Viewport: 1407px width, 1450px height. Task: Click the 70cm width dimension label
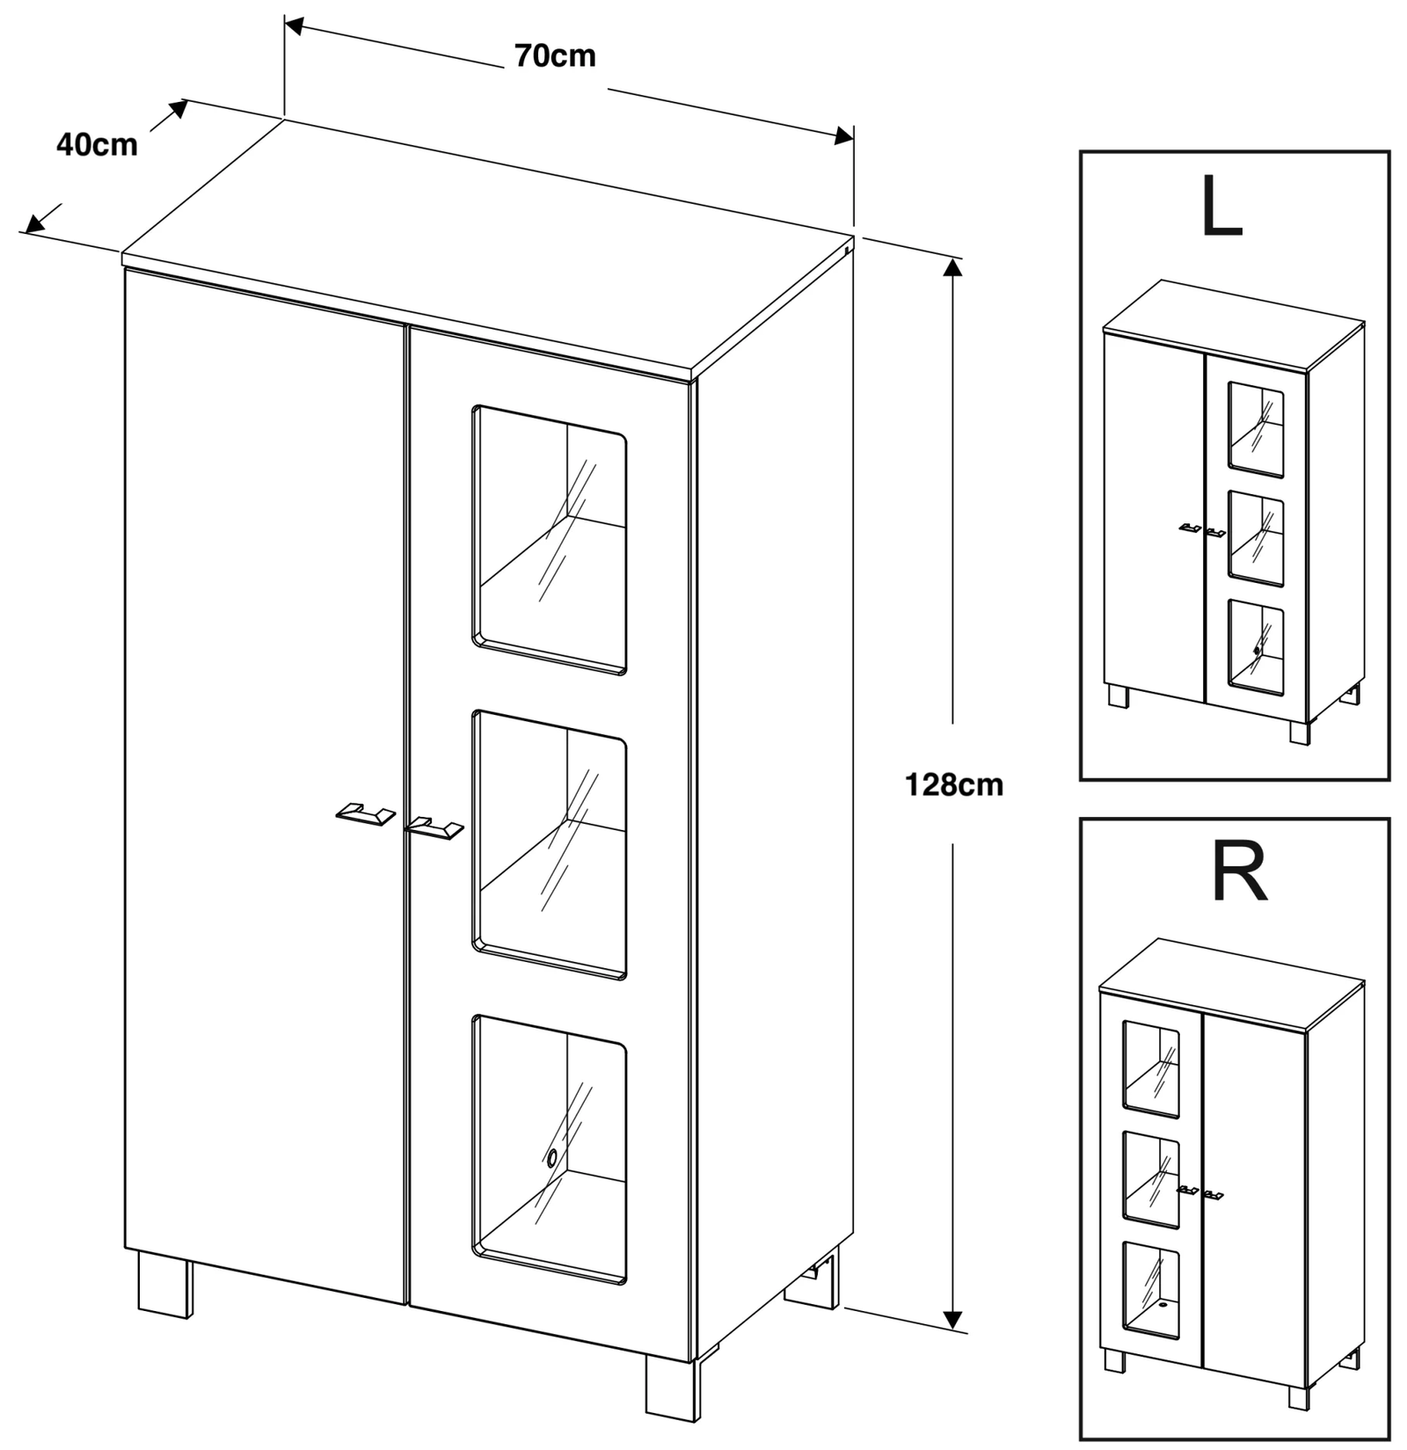tap(555, 56)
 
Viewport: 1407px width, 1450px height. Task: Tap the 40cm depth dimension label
tap(97, 145)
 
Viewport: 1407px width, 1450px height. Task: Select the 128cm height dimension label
tap(954, 784)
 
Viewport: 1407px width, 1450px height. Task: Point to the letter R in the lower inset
tap(1239, 873)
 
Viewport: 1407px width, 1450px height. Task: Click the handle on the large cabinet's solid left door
tap(364, 814)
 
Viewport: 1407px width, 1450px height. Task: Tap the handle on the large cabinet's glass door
tap(434, 827)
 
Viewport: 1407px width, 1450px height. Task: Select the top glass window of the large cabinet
tap(550, 539)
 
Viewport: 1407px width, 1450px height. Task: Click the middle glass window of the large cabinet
tap(550, 844)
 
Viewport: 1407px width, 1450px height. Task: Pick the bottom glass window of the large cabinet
tap(550, 1148)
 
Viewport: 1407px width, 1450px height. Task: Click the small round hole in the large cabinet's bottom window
tap(552, 1158)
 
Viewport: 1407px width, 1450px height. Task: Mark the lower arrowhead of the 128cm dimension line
tap(951, 1318)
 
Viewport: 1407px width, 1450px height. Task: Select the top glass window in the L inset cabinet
tap(1256, 429)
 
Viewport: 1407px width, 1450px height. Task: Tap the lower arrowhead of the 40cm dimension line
tap(33, 225)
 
